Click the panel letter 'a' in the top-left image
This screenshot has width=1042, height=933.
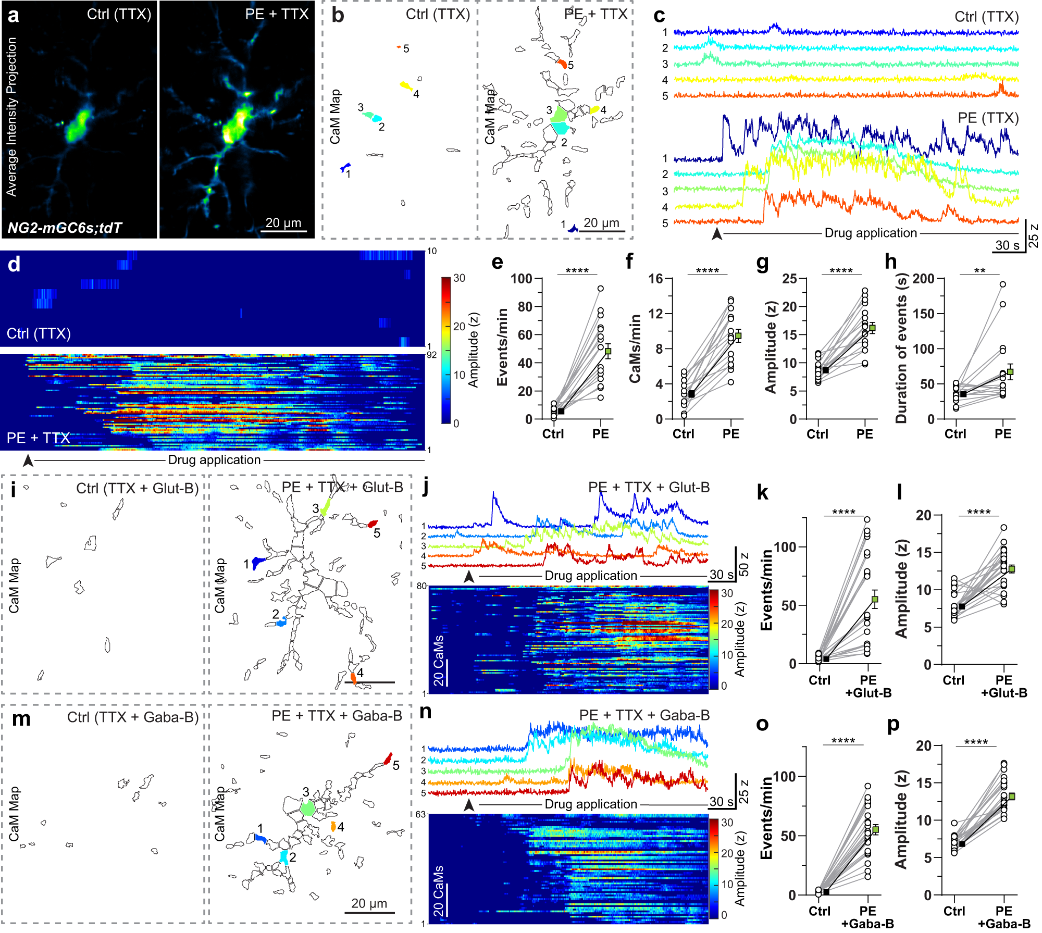(x=14, y=16)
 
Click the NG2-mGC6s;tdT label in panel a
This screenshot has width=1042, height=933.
(x=65, y=228)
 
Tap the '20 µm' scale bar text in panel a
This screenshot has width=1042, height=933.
(x=283, y=223)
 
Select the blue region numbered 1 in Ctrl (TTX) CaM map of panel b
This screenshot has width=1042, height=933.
(x=344, y=167)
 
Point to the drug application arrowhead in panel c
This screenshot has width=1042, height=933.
(x=717, y=234)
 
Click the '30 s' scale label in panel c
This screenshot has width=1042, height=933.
(x=1007, y=245)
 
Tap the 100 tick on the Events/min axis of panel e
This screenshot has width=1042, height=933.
(x=521, y=279)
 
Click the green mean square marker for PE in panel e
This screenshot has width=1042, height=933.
(x=608, y=352)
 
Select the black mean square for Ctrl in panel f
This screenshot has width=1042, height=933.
(x=691, y=394)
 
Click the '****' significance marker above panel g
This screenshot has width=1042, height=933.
(x=841, y=271)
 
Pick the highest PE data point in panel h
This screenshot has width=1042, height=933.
(x=1002, y=284)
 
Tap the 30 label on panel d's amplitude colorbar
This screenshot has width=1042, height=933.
(x=459, y=278)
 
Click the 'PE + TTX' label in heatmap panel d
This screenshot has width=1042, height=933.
(x=38, y=438)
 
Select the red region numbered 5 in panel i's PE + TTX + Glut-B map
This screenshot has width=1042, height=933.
(x=372, y=524)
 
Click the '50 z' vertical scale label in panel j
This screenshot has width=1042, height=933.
(x=744, y=564)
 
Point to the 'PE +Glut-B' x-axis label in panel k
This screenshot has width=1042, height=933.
(x=868, y=686)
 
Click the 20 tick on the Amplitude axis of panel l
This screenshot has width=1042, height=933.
(x=924, y=515)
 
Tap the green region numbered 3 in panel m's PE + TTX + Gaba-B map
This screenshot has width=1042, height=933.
(x=307, y=808)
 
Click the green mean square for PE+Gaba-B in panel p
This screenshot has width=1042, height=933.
(x=1011, y=797)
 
